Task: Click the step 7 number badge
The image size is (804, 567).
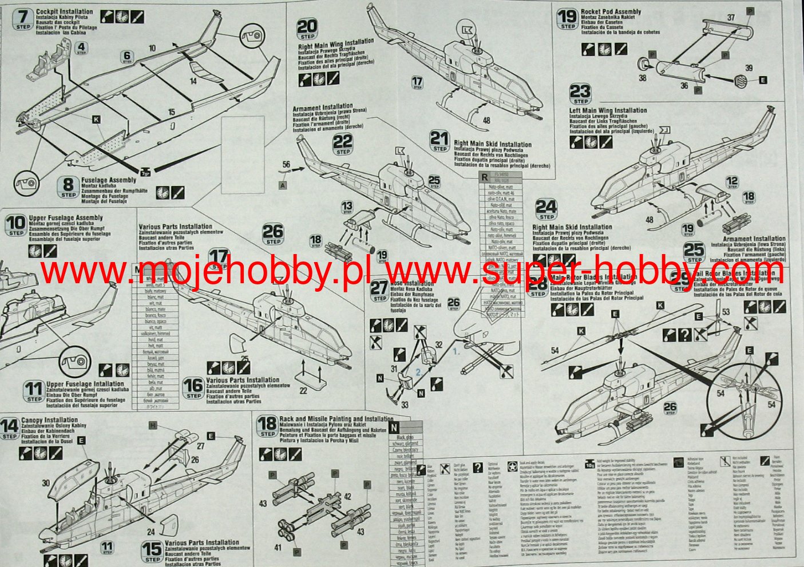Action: point(22,18)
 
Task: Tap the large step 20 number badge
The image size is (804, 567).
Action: point(307,29)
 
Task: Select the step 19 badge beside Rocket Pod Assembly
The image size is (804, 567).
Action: point(567,18)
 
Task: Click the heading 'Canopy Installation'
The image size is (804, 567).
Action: point(49,420)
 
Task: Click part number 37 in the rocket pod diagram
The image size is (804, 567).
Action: point(731,18)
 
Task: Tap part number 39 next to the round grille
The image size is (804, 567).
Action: point(748,68)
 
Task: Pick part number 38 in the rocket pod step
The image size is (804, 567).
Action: point(643,78)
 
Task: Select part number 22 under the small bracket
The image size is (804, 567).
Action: point(303,390)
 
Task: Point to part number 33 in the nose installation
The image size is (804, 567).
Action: point(405,405)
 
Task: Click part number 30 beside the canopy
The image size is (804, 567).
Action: point(46,483)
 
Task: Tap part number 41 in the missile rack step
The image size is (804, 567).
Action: point(278,548)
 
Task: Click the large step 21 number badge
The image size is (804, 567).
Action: point(439,140)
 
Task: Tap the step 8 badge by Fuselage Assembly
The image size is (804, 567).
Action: point(68,186)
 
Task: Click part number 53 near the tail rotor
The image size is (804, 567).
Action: point(726,312)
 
